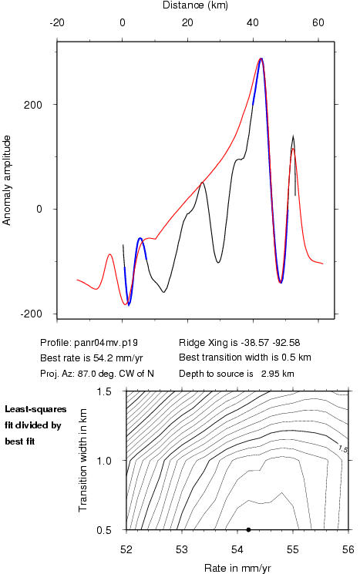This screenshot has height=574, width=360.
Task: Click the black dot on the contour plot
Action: point(248,529)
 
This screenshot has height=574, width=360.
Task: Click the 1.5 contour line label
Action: point(343,449)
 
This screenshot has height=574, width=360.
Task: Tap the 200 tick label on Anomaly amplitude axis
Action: point(33,105)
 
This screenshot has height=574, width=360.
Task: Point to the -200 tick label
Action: point(31,314)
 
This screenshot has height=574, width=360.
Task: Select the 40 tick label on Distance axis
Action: point(253,22)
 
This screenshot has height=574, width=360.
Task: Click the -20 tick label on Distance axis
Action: point(57,22)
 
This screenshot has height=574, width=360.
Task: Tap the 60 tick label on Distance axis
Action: point(318,22)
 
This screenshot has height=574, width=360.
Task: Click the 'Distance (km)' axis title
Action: point(195,5)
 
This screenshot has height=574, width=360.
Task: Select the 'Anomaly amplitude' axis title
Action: point(7,180)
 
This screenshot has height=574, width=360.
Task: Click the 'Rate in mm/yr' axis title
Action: point(237,568)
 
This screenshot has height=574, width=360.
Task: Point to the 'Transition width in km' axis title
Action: point(83,460)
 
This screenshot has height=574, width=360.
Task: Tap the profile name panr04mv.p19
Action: point(106,343)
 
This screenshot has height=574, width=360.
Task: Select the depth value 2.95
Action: point(269,374)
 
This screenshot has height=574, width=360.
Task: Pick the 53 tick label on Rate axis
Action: point(182,549)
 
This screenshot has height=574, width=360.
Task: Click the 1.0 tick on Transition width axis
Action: point(104,460)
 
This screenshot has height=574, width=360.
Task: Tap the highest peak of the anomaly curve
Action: point(261,59)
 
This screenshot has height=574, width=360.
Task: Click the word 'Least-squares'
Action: point(35,409)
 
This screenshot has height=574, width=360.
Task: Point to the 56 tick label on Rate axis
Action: point(348,549)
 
